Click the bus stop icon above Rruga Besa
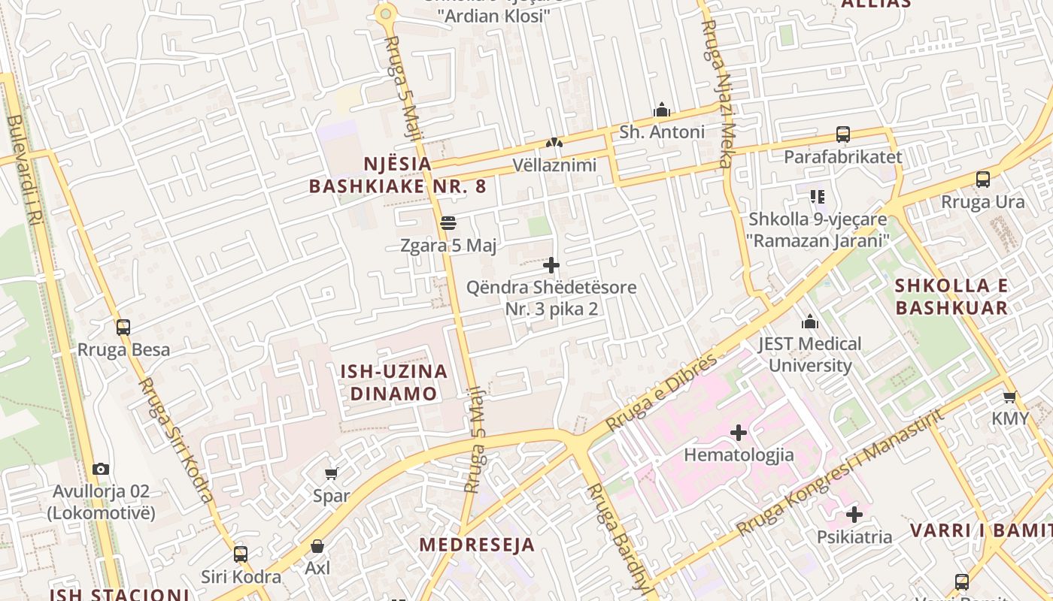123,328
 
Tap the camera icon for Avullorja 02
101,470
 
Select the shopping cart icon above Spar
331,473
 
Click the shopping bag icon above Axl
317,545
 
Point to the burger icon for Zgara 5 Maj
448,223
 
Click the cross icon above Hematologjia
739,433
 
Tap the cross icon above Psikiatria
854,515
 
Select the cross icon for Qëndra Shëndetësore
551,265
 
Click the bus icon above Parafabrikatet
843,134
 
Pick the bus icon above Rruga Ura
983,180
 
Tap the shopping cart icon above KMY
1009,397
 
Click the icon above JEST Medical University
810,322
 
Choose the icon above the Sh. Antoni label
662,110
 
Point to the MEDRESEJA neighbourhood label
477,545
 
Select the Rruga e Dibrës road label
662,392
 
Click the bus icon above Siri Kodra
241,554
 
